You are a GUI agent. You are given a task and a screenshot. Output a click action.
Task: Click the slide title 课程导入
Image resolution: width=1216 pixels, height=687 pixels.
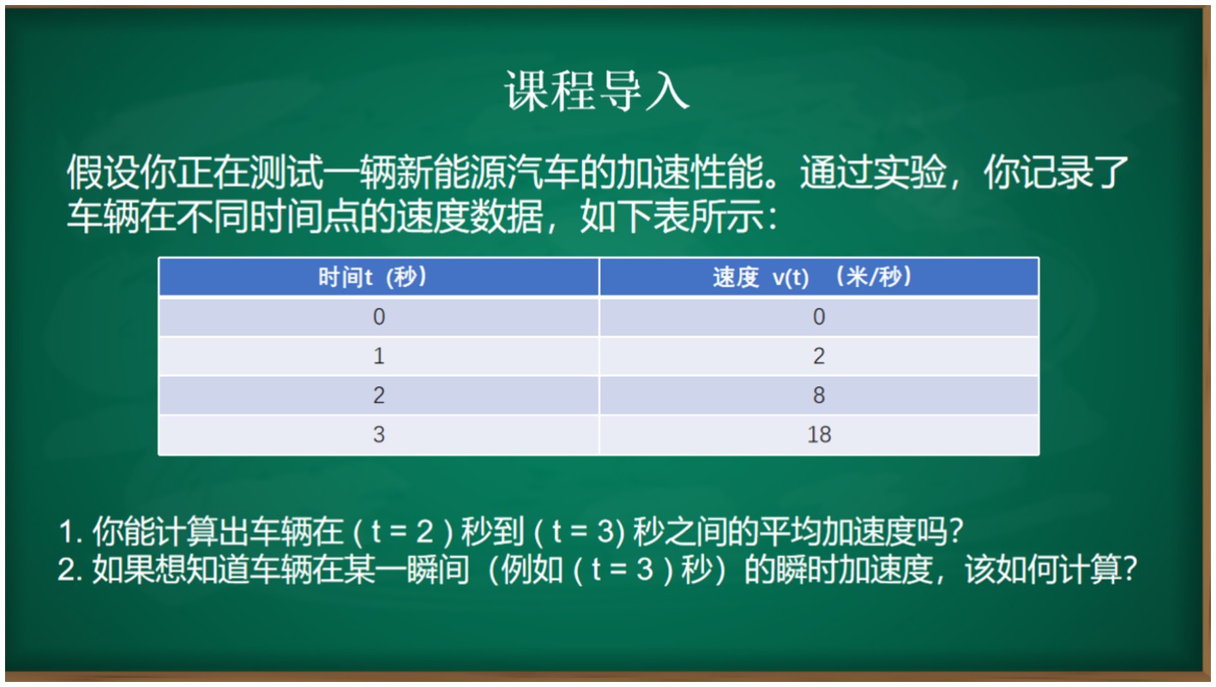pos(597,91)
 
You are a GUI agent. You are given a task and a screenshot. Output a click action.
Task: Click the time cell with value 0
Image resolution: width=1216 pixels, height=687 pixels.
pos(379,317)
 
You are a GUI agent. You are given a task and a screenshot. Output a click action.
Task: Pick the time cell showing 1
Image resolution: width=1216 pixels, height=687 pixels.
pos(379,356)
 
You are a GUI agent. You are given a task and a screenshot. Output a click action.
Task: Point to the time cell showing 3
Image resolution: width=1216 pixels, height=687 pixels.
pos(379,435)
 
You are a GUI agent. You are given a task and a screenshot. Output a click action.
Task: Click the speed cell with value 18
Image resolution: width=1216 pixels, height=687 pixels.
pos(819,435)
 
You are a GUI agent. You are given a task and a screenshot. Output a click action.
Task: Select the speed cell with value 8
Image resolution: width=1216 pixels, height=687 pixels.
pos(819,395)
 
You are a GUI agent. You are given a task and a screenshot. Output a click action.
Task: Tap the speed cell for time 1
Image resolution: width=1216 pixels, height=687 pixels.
pos(819,356)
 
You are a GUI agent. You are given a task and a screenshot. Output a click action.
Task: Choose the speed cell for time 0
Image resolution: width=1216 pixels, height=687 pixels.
pos(819,317)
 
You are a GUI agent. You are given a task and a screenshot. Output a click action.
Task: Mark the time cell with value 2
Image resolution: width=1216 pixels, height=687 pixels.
pos(379,395)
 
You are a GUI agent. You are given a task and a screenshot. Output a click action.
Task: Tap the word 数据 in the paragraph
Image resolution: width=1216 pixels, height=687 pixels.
pos(506,217)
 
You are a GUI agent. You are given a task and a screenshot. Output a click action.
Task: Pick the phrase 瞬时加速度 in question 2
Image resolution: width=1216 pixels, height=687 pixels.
pos(854,570)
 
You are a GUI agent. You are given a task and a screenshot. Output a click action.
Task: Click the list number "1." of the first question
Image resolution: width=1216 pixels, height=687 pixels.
pos(70,532)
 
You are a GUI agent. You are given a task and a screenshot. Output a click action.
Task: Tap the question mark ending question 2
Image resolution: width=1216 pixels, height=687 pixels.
pos(1129,570)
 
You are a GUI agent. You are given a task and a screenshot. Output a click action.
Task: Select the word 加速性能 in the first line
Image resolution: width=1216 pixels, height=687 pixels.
pos(690,173)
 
